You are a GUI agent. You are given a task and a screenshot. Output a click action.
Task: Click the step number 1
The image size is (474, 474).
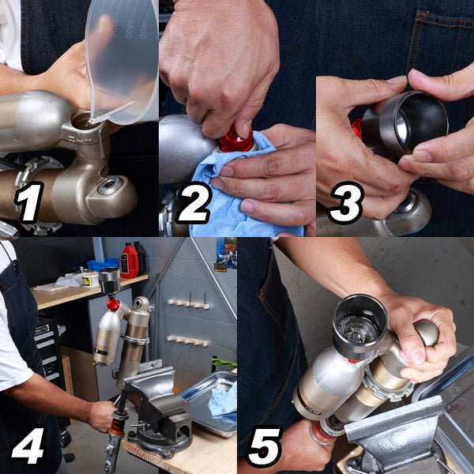29,202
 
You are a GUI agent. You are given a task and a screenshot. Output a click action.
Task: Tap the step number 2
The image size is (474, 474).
194,202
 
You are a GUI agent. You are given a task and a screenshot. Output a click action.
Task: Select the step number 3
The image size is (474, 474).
345,202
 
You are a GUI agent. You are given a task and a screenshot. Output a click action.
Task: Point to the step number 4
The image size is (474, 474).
28,446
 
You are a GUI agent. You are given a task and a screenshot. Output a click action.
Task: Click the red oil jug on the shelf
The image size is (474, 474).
130,260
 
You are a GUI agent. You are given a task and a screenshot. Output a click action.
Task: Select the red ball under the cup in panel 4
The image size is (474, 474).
113,304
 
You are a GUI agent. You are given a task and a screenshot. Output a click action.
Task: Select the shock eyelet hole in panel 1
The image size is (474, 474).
110,186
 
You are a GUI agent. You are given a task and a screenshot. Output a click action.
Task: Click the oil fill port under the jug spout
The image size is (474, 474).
83,121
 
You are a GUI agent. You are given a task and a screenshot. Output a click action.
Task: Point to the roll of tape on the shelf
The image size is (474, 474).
91,279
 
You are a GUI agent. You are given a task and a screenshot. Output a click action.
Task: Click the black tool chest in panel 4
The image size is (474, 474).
47,351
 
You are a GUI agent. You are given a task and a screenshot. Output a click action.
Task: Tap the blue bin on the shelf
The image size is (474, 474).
103,264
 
